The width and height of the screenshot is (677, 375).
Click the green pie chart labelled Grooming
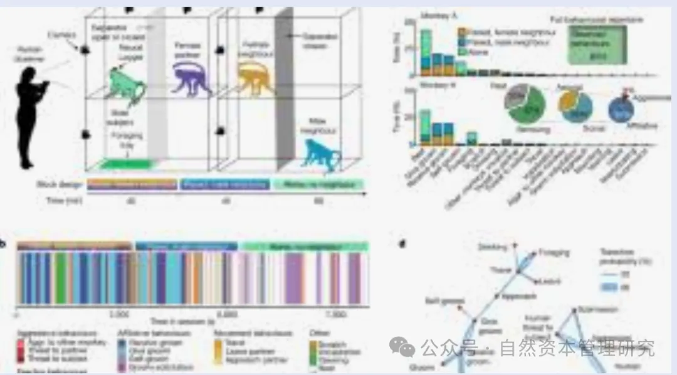click(527, 110)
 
